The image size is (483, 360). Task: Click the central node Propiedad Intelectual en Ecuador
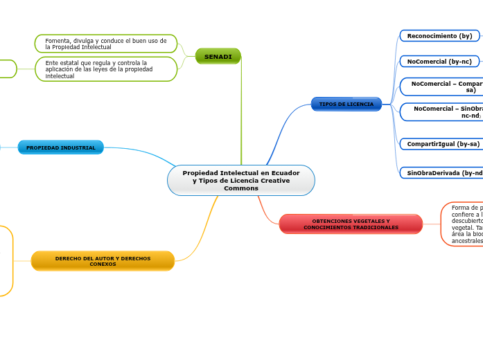click(240, 180)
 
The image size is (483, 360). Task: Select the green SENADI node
click(218, 56)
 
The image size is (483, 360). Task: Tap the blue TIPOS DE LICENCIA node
click(346, 105)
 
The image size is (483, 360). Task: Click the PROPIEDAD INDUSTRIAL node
click(61, 147)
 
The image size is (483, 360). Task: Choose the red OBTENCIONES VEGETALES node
click(351, 224)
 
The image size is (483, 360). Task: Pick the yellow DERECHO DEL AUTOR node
click(103, 261)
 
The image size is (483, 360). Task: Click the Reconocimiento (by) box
click(439, 36)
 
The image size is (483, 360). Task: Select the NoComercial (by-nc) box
click(439, 62)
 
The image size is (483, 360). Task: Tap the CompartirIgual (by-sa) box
click(442, 144)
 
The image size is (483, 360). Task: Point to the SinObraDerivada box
click(444, 172)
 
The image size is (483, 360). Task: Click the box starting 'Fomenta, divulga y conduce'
click(106, 44)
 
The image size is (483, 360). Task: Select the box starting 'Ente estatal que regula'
click(106, 69)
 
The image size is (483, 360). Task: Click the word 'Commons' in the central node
click(241, 188)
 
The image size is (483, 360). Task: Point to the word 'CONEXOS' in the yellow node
click(103, 264)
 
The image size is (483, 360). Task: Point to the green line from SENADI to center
click(241, 111)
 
